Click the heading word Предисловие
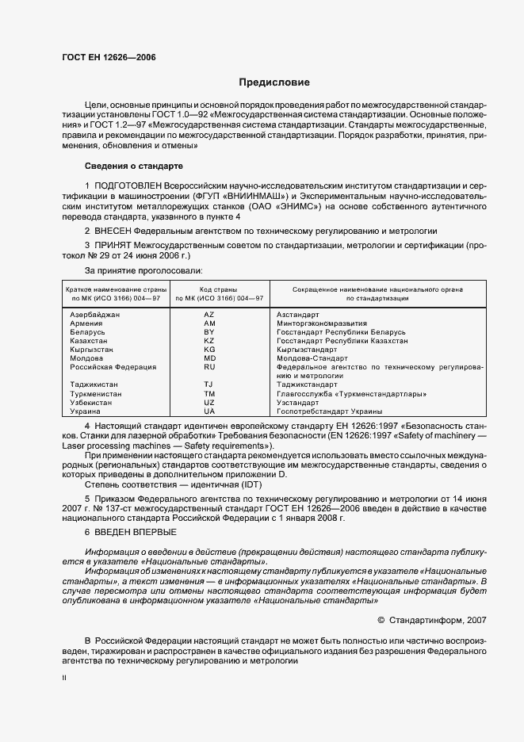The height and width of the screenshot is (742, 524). [x=274, y=82]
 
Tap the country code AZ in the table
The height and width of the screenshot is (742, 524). [x=209, y=315]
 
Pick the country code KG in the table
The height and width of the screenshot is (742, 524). [x=209, y=350]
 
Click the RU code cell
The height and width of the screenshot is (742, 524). [x=209, y=367]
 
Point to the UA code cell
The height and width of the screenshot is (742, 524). [x=209, y=411]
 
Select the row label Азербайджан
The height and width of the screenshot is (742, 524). [x=95, y=315]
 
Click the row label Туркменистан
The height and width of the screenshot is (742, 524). [x=96, y=394]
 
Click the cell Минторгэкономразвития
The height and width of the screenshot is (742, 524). [x=321, y=323]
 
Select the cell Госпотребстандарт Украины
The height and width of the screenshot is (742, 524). [x=329, y=411]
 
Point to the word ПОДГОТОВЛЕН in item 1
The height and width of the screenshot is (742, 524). [x=128, y=184]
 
